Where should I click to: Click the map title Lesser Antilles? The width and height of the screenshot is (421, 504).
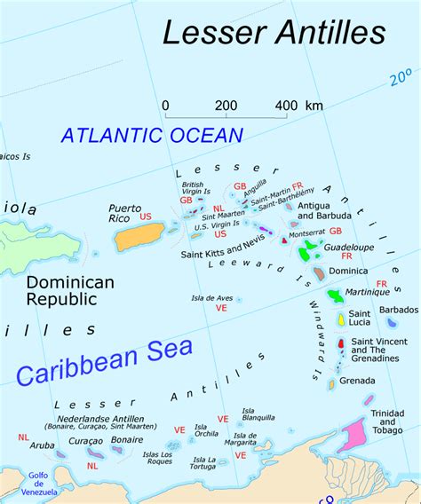point(274,32)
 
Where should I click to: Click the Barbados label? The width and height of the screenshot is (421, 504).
point(398,310)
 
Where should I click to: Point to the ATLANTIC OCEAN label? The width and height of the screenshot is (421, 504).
point(152,136)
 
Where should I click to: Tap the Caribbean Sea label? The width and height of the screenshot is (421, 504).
point(104,360)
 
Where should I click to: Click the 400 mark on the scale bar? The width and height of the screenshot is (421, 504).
point(287,106)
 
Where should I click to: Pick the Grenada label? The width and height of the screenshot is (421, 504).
point(358,381)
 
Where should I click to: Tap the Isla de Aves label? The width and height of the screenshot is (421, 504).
point(211,298)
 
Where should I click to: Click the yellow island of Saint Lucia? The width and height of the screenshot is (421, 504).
point(340,318)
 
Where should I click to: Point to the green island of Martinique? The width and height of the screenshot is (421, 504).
point(335,294)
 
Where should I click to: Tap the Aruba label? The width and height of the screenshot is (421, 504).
point(43,445)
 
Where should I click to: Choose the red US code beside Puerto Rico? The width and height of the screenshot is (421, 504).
point(146,217)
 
